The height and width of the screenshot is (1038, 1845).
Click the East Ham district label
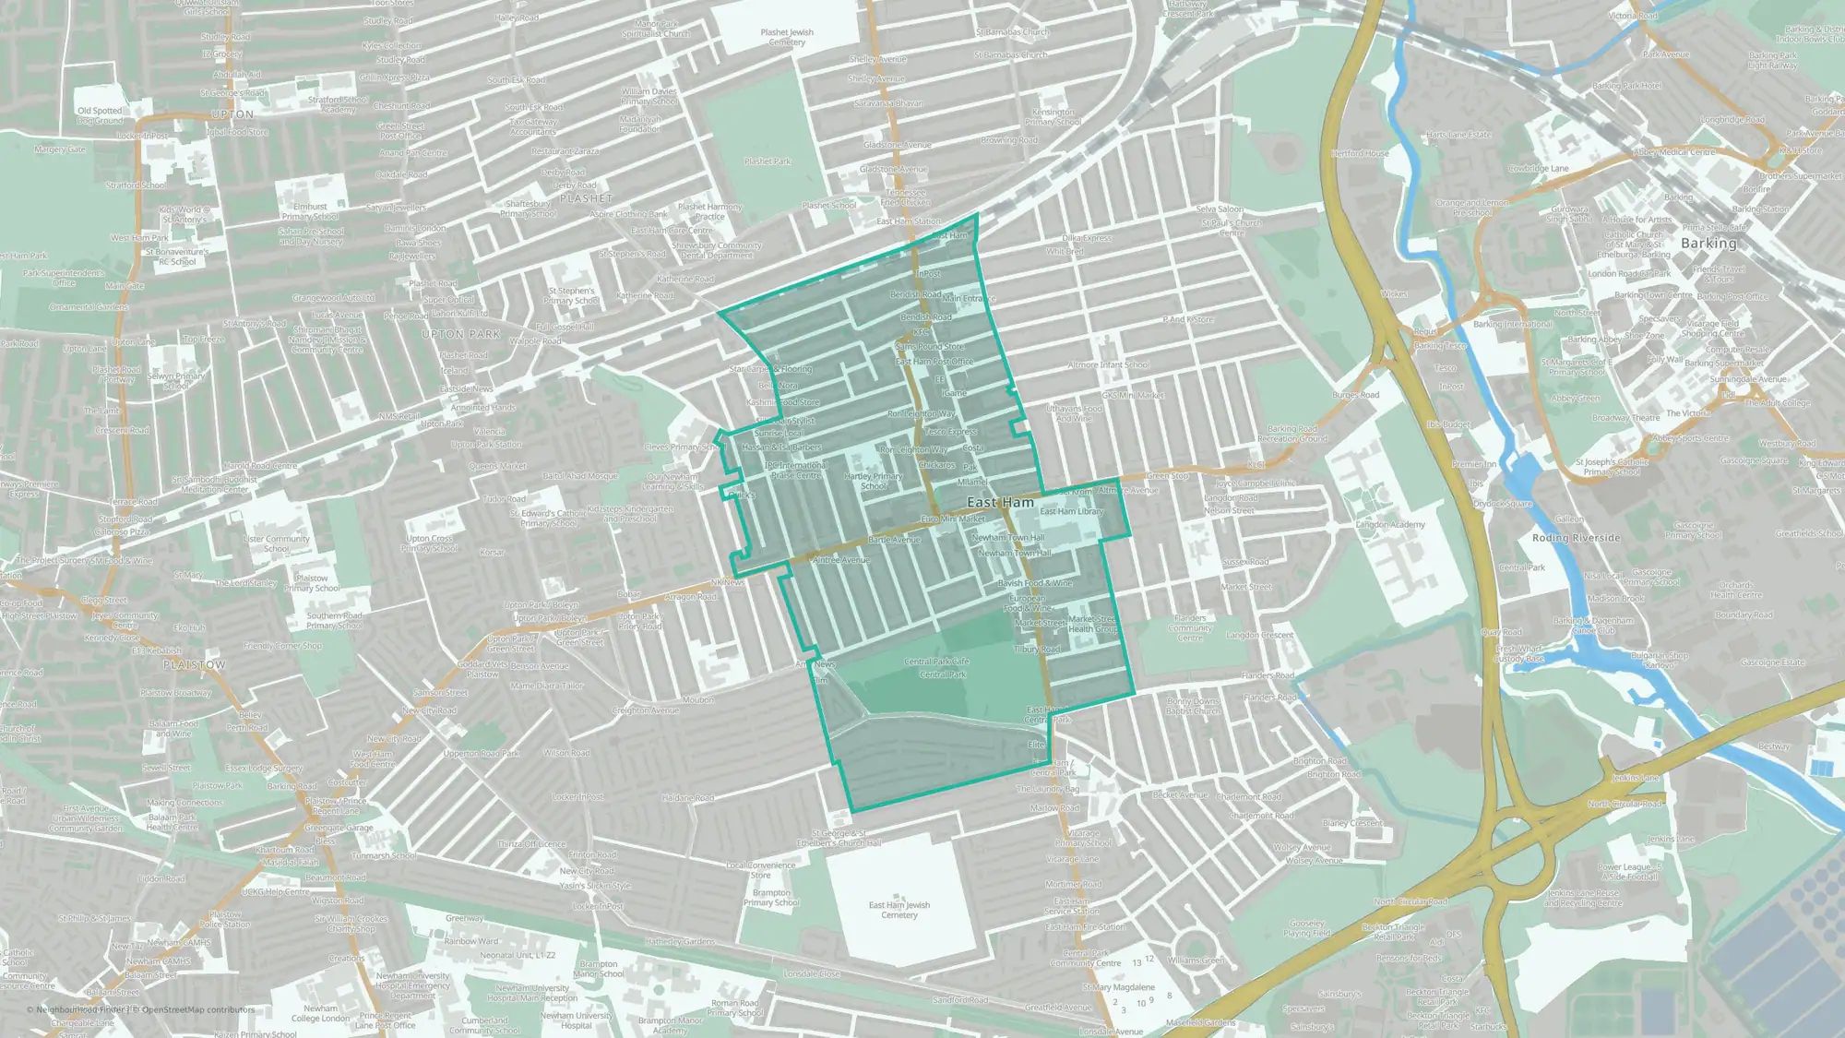pyautogui.click(x=1000, y=503)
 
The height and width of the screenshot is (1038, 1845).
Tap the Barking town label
pyautogui.click(x=1708, y=244)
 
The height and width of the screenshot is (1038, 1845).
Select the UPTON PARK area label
pyautogui.click(x=460, y=334)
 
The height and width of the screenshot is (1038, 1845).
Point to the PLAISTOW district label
pyautogui.click(x=194, y=664)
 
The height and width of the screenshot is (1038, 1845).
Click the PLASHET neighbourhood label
pyautogui.click(x=586, y=198)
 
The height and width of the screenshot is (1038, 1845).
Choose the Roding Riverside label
pyautogui.click(x=1576, y=538)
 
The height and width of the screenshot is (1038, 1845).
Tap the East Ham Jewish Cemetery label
pyautogui.click(x=899, y=910)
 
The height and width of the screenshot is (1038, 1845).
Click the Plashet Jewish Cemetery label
pyautogui.click(x=787, y=37)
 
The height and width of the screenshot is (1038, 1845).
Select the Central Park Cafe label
pyautogui.click(x=936, y=662)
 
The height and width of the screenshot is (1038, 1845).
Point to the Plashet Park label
pyautogui.click(x=768, y=161)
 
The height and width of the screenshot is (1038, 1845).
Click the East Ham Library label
pyautogui.click(x=1071, y=511)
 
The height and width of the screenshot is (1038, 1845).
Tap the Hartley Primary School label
pyautogui.click(x=874, y=482)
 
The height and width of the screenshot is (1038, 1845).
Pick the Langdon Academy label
pyautogui.click(x=1390, y=525)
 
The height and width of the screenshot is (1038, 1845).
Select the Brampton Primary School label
pyautogui.click(x=771, y=898)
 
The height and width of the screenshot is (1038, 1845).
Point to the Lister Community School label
pyautogui.click(x=277, y=543)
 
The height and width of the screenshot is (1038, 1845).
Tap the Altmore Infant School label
pyautogui.click(x=1108, y=364)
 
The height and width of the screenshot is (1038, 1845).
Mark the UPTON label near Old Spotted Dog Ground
pyautogui.click(x=232, y=114)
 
